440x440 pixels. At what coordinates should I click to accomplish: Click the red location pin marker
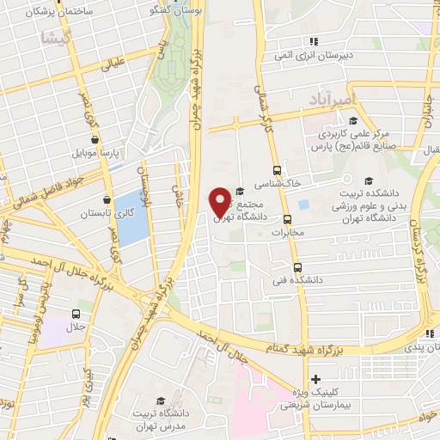(220, 201)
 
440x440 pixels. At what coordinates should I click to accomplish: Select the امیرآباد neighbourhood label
(329, 101)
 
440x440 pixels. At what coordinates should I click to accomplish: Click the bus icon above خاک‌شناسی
(276, 170)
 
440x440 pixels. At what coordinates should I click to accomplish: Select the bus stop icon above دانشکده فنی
(297, 266)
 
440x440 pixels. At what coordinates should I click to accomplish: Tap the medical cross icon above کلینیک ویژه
(316, 378)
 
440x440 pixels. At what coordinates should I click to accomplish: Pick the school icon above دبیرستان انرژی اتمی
(315, 40)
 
